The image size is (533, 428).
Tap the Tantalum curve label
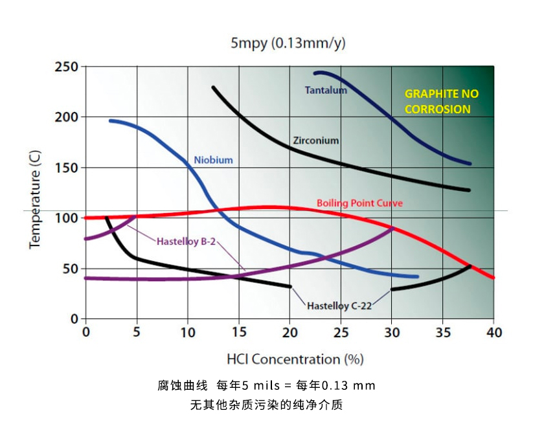(x=326, y=91)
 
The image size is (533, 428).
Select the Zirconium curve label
(x=315, y=140)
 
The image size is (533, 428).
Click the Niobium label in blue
(x=213, y=160)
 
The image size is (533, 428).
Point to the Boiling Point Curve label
(x=359, y=203)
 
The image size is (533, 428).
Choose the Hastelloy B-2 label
(x=186, y=242)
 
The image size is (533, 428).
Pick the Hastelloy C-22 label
(x=339, y=306)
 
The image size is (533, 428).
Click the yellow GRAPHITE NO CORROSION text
(x=442, y=102)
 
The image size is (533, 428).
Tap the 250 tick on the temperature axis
(x=66, y=67)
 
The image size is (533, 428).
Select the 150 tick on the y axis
(x=66, y=168)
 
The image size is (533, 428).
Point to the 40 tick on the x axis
(x=493, y=332)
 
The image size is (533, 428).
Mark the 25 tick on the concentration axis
(x=341, y=332)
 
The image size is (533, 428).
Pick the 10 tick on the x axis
(x=188, y=332)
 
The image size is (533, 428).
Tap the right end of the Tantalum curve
(x=470, y=164)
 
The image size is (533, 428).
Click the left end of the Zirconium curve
(x=213, y=87)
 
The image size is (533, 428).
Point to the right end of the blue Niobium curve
(x=418, y=276)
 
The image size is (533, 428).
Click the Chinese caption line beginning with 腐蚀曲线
(x=266, y=386)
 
